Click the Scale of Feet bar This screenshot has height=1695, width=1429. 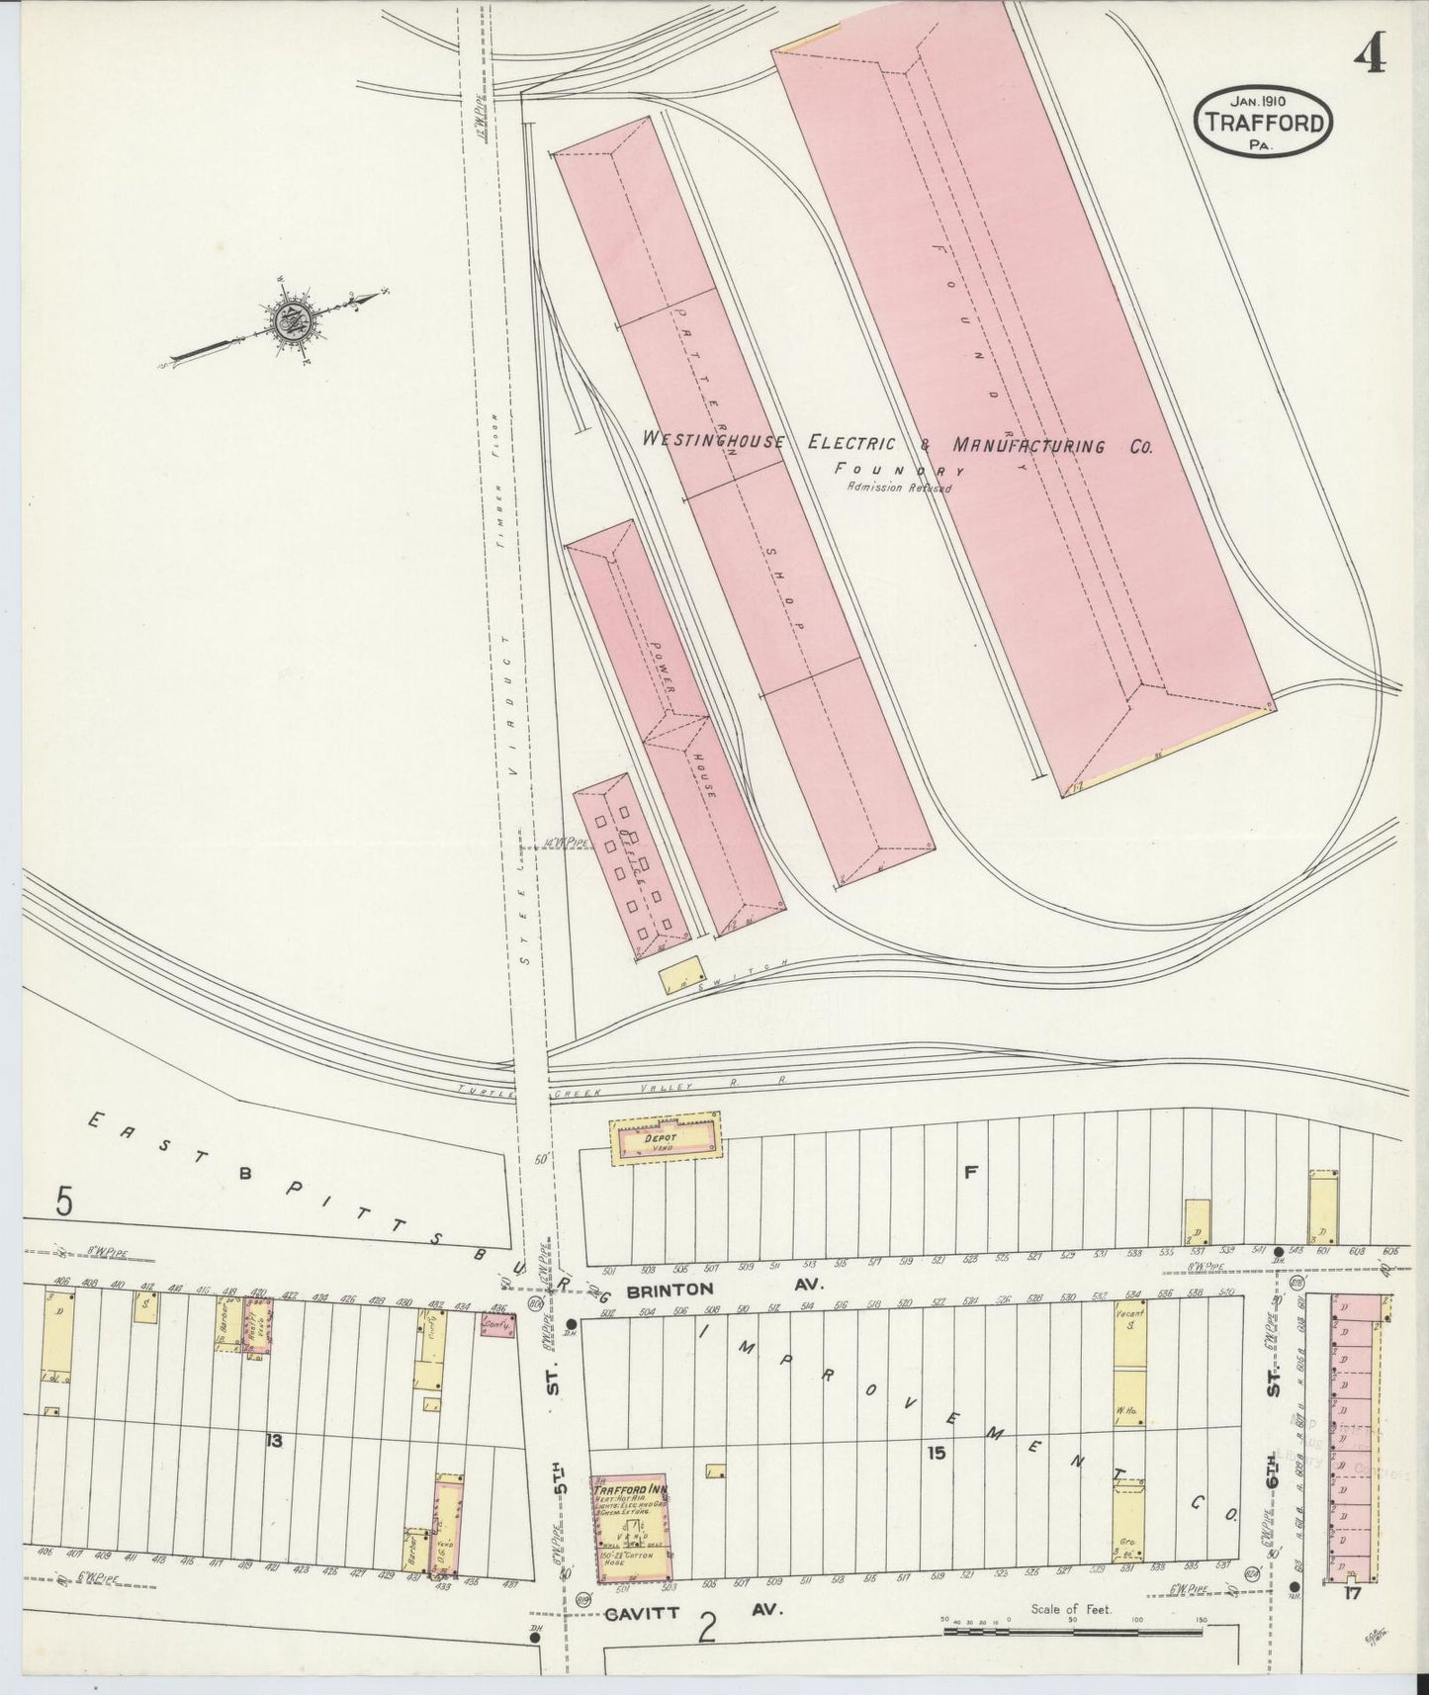[1073, 1627]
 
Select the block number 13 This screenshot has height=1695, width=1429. [274, 1441]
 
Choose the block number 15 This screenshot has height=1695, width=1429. [938, 1453]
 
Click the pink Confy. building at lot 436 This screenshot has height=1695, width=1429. [497, 1325]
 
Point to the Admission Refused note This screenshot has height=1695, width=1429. [898, 488]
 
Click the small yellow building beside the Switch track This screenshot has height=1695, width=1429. [679, 974]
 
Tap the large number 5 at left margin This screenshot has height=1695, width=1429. [65, 1202]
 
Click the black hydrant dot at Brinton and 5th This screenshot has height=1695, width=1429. [571, 1323]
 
